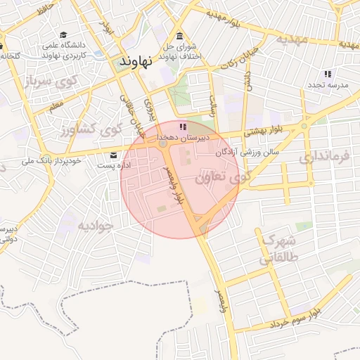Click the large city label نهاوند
point(136,61)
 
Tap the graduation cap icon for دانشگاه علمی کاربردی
point(64,34)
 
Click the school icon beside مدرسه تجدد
point(327,73)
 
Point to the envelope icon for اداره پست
point(113,155)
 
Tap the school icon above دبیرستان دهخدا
point(183,127)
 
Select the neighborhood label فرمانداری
point(323,157)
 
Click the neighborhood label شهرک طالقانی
point(277,250)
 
